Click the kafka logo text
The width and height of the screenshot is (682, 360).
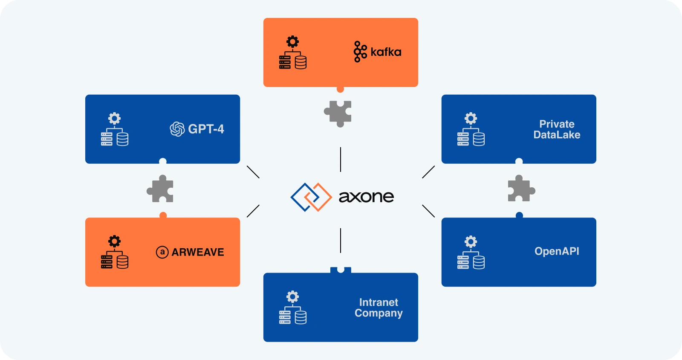coord(386,52)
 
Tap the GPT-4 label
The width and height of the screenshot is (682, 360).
coord(206,129)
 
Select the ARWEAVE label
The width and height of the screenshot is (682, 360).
coord(198,252)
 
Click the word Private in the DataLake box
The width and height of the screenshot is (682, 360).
coord(557,124)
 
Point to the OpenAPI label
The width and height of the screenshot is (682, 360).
coord(557,251)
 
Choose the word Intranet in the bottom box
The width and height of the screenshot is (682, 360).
coord(379,302)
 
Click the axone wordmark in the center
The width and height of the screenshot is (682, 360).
coord(366,197)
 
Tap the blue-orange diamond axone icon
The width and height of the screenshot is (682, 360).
coord(311,197)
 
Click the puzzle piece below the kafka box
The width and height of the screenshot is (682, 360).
coord(338,113)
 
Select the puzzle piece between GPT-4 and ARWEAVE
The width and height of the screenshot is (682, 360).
coord(160,189)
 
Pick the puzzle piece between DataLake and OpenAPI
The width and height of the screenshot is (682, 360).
coord(521,189)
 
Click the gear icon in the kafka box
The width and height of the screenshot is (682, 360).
coord(292,42)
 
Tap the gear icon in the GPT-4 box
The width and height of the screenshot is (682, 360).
coord(114,118)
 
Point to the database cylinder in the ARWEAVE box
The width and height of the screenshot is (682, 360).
coord(123,262)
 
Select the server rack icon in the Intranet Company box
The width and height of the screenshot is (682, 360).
coord(285,317)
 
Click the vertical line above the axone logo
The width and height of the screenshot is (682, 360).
coord(341,160)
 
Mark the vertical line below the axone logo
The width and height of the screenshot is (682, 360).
coord(341,240)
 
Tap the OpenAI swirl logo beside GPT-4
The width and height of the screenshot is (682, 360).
coord(177,129)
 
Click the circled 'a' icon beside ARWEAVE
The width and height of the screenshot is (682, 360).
coord(162,252)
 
